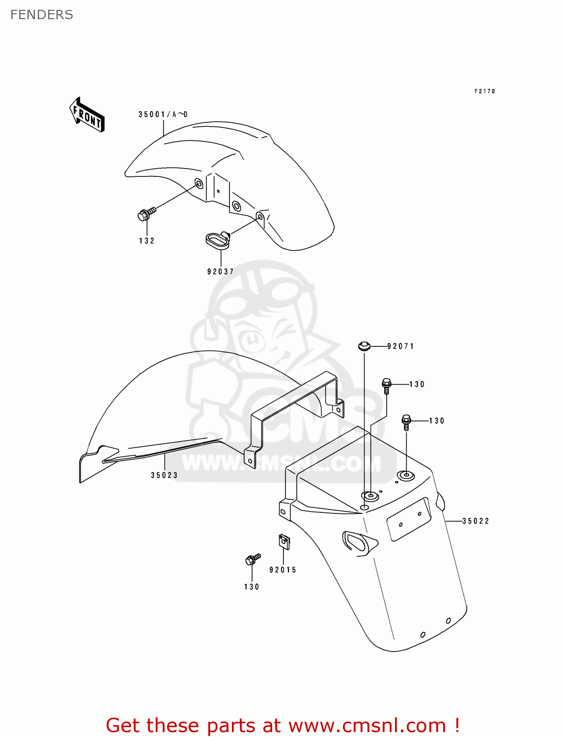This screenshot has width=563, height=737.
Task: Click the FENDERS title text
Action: click(42, 15)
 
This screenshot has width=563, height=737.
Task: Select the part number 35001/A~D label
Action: click(163, 114)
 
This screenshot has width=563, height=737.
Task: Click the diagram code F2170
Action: click(485, 91)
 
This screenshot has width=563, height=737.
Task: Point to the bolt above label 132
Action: click(146, 214)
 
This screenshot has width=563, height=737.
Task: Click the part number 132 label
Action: click(146, 241)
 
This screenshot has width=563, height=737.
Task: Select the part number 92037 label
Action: click(221, 271)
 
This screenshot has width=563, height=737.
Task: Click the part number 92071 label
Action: click(401, 346)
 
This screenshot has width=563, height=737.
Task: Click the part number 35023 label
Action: click(164, 475)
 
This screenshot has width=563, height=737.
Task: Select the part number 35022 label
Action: click(476, 521)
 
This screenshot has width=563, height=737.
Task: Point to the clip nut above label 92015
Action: click(284, 542)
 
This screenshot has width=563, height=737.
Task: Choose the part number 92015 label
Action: click(283, 570)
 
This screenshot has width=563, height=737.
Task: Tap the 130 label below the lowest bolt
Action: click(252, 587)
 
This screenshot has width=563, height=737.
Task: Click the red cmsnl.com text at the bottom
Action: click(282, 725)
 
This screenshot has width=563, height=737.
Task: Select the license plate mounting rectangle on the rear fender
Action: click(409, 519)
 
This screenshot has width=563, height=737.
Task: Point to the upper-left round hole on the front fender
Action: click(199, 184)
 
